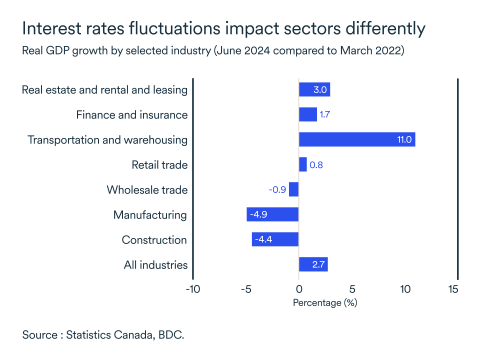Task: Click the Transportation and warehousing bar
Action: coord(357,139)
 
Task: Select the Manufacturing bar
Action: coord(272,214)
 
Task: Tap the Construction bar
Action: coord(275,239)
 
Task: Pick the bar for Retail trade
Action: coord(302,164)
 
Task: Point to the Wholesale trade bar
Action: coord(294,189)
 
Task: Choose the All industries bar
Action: coord(313,264)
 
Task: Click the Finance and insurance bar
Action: coord(307,114)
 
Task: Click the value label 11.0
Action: coord(404,139)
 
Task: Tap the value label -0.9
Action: coord(276,190)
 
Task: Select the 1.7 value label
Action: coord(325,115)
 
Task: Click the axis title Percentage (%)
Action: coord(325,303)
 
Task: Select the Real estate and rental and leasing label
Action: coord(104,90)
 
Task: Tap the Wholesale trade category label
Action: coord(147,190)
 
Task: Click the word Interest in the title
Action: coord(51,28)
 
